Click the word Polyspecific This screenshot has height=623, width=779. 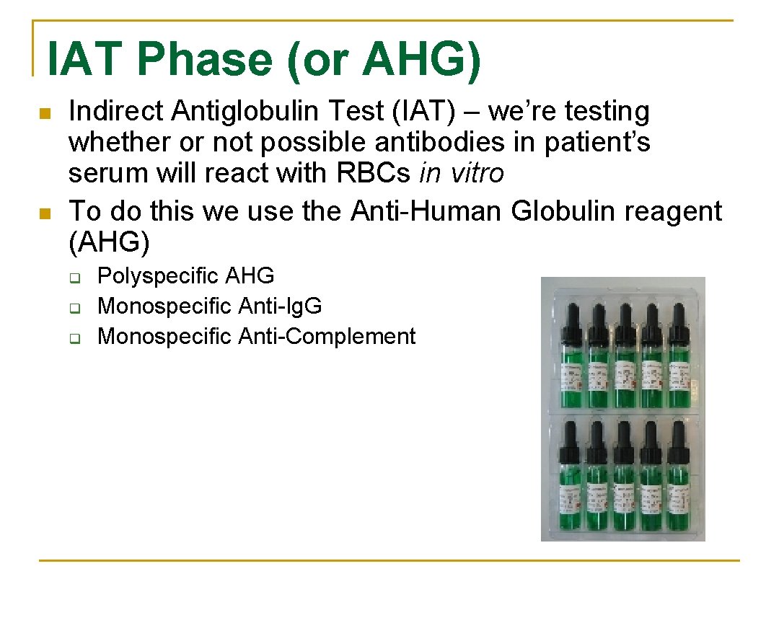point(158,276)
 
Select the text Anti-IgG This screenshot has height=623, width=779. point(280,306)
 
